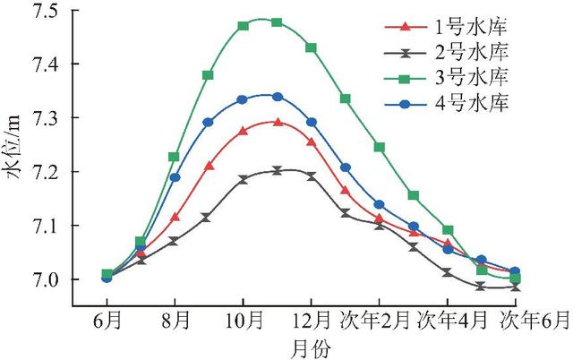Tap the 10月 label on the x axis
243,319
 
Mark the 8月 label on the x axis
175,319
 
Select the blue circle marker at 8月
175,177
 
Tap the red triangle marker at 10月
243,131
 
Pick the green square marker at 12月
311,47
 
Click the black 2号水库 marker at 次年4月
447,272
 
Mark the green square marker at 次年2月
379,147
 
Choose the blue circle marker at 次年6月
515,271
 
